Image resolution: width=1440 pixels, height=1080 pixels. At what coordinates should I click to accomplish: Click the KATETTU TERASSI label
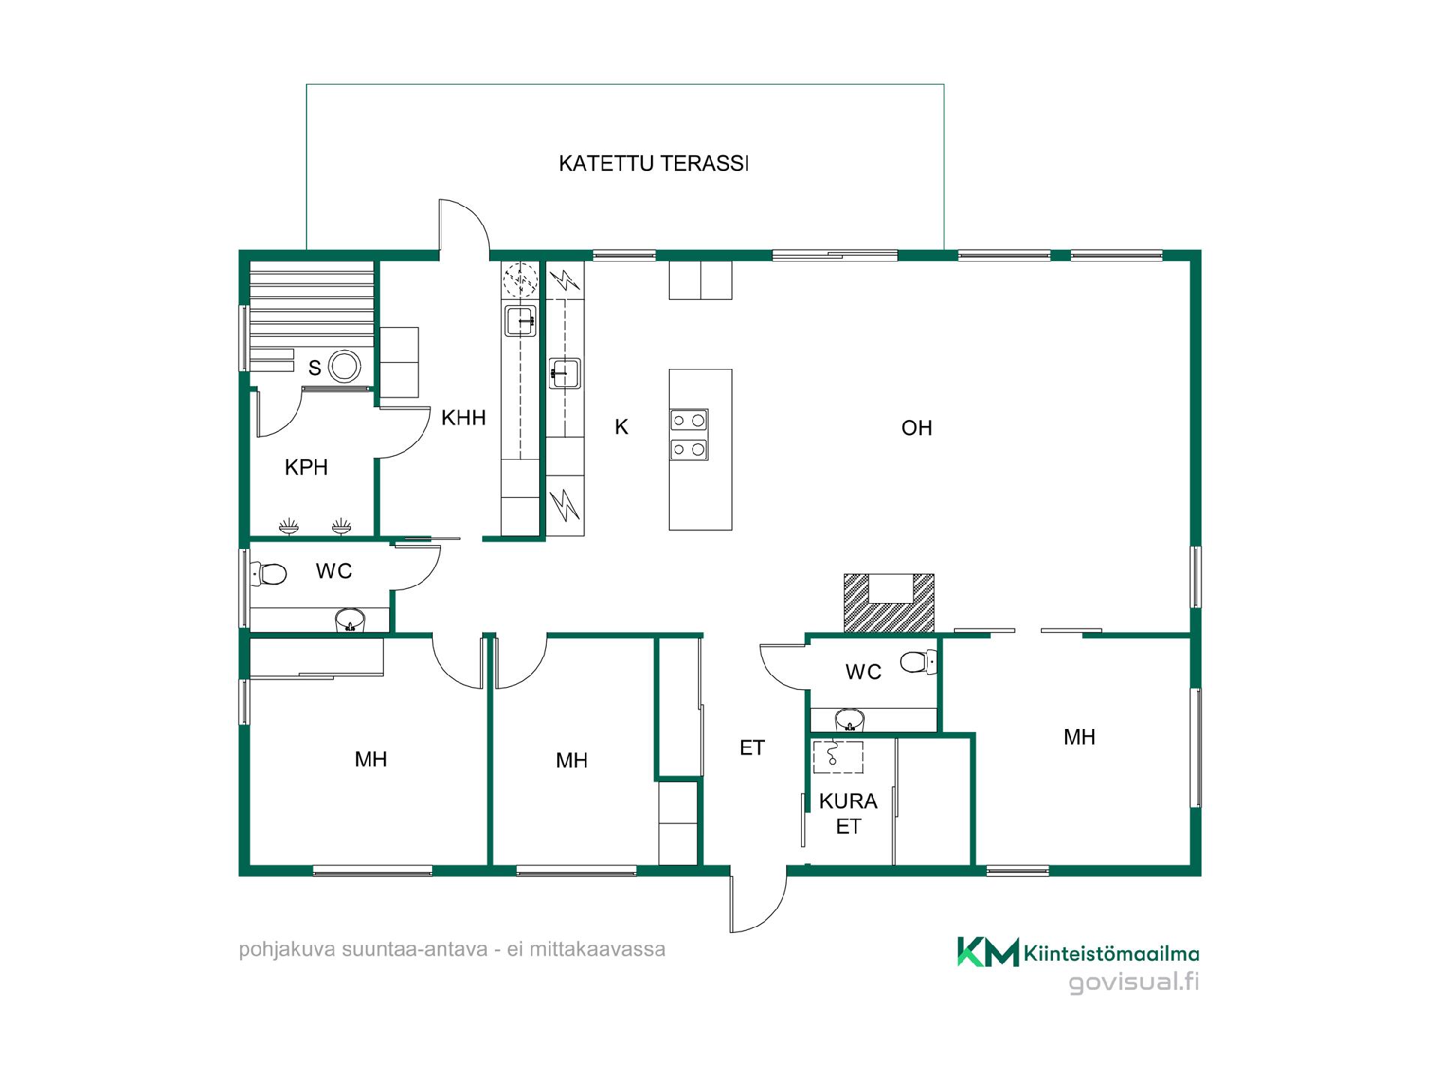click(x=654, y=163)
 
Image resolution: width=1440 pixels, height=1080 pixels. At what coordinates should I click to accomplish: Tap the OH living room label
click(x=916, y=427)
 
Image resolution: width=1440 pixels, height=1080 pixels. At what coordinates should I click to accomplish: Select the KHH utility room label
click(x=463, y=418)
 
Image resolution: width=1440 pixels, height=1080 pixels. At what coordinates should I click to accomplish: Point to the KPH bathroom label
click(x=306, y=467)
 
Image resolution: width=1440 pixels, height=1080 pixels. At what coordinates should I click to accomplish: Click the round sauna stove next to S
click(x=345, y=367)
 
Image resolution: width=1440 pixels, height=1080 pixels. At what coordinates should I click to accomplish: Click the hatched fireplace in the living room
click(x=889, y=602)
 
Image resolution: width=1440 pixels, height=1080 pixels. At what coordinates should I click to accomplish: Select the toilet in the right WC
click(x=919, y=662)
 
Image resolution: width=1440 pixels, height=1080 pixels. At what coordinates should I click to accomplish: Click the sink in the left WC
click(x=349, y=620)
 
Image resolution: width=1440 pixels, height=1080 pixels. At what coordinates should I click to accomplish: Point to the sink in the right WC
click(x=850, y=720)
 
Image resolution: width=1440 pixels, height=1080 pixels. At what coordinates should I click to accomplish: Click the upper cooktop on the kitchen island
click(x=689, y=419)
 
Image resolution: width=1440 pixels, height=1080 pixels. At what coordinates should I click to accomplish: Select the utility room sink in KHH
click(x=520, y=321)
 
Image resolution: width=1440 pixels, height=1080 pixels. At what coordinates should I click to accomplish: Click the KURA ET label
click(x=848, y=814)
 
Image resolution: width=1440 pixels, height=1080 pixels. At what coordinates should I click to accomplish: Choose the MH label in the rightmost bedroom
click(x=1079, y=737)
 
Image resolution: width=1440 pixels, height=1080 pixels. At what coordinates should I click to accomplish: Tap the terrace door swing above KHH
click(x=464, y=225)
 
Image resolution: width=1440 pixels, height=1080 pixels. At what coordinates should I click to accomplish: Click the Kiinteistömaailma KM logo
click(x=988, y=952)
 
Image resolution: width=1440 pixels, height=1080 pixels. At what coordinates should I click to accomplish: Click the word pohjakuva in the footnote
click(x=286, y=950)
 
